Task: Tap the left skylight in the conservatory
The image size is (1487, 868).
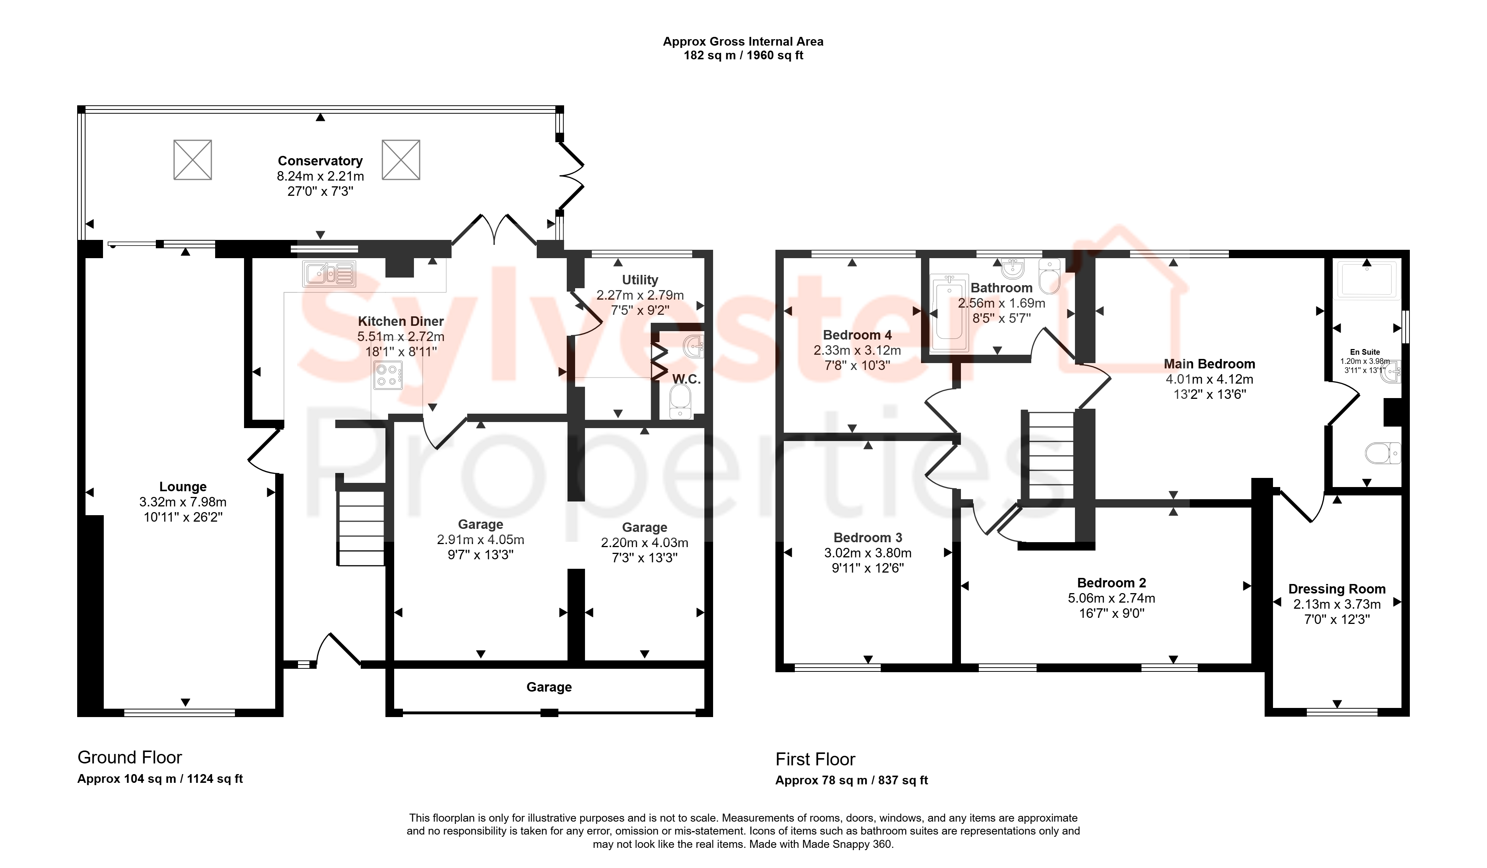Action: pyautogui.click(x=192, y=159)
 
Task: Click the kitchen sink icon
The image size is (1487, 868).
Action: pyautogui.click(x=329, y=274)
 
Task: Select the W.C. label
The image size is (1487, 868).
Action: pyautogui.click(x=686, y=379)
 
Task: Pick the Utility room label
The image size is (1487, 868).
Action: pyautogui.click(x=640, y=280)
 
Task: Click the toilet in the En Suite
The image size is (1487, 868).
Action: pyautogui.click(x=1382, y=453)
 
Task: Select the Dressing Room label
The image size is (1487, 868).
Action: pyautogui.click(x=1336, y=589)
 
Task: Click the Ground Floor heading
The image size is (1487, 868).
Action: pyautogui.click(x=130, y=757)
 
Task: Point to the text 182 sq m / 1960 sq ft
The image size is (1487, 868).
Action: pyautogui.click(x=743, y=56)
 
